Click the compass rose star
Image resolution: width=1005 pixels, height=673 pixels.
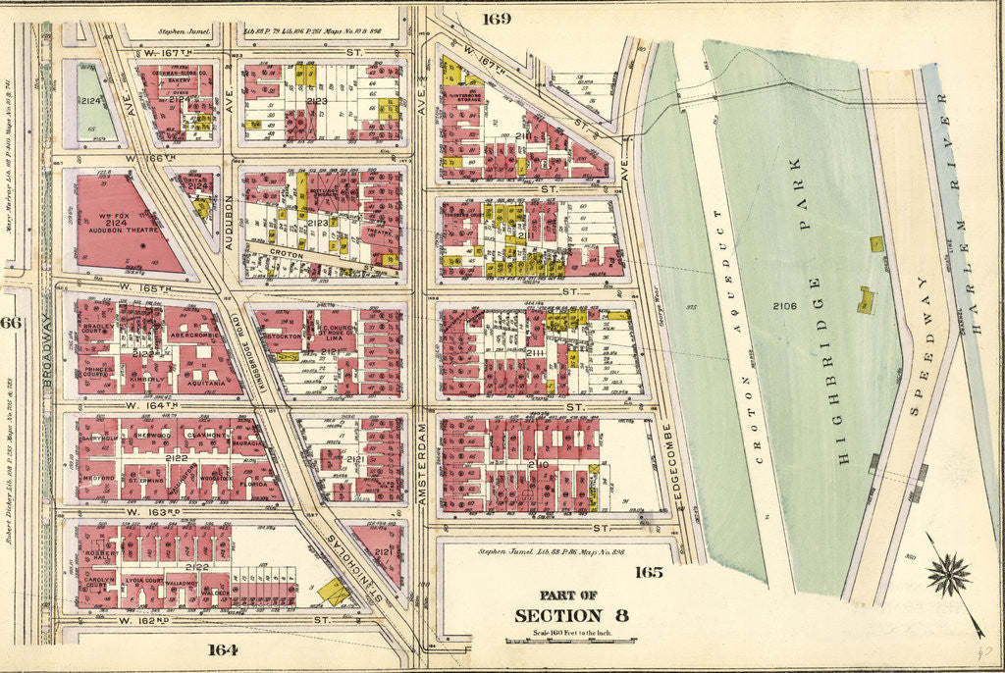pyautogui.click(x=948, y=574)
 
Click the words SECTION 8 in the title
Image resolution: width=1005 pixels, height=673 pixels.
pyautogui.click(x=571, y=615)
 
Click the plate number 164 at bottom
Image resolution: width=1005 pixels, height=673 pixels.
pyautogui.click(x=223, y=648)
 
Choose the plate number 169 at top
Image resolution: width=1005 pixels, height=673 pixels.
pyautogui.click(x=497, y=17)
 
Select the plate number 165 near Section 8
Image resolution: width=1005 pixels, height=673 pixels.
pyautogui.click(x=649, y=572)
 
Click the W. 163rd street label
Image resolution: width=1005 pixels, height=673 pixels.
pyautogui.click(x=145, y=512)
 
